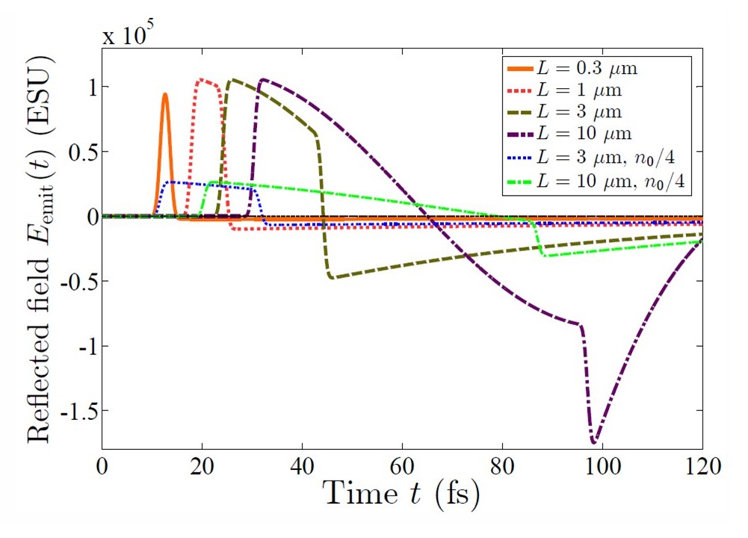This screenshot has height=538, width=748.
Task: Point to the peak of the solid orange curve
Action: [x=164, y=94]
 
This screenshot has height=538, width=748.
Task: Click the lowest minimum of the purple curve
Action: [x=595, y=442]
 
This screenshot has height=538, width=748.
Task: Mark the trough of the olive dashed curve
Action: [x=332, y=277]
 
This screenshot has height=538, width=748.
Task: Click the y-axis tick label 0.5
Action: [x=78, y=152]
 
